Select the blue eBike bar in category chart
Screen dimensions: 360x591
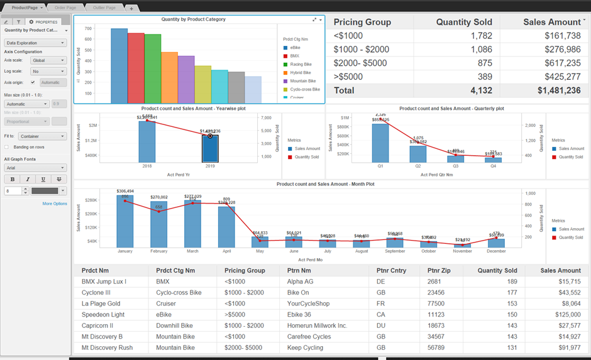point(119,66)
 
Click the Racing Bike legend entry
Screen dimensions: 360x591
point(301,64)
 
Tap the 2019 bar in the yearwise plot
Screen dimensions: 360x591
point(210,148)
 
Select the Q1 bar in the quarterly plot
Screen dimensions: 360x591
point(380,143)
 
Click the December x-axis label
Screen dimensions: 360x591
point(496,251)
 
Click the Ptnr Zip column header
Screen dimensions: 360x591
point(439,271)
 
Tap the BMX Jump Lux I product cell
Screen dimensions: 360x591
point(104,281)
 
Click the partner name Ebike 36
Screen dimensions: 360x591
point(299,315)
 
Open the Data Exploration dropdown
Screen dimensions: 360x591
point(35,43)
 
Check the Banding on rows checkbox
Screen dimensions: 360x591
point(7,147)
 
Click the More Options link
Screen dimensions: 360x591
point(54,204)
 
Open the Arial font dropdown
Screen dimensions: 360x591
point(35,168)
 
